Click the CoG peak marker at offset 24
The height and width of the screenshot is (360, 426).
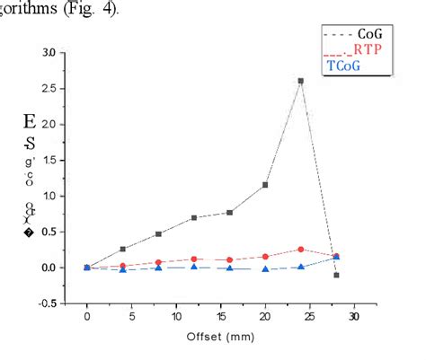click(x=300, y=81)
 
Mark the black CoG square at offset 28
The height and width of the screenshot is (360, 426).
click(x=336, y=275)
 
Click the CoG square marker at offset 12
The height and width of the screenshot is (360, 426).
click(x=194, y=217)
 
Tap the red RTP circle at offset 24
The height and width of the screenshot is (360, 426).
click(x=300, y=250)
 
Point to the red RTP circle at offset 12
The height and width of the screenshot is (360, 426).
click(x=194, y=259)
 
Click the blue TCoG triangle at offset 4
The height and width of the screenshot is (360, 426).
click(x=123, y=269)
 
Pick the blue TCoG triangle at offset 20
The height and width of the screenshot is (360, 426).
click(x=265, y=268)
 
